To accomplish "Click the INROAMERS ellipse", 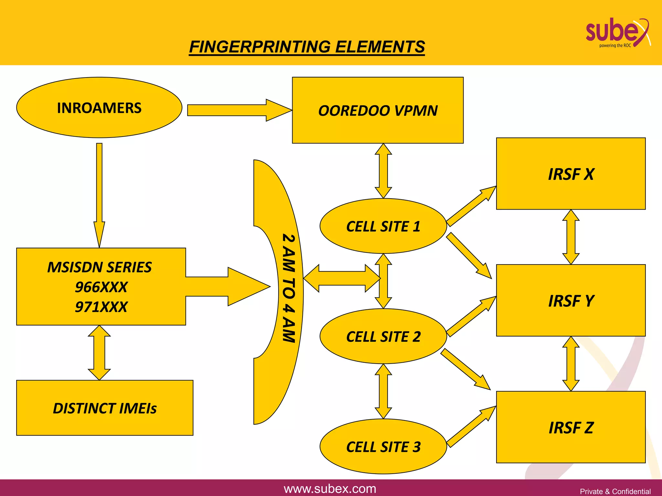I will pos(99,108).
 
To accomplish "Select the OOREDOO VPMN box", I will pos(378,110).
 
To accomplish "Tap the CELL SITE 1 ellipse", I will pos(383,226).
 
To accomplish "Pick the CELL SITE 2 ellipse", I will pos(383,336).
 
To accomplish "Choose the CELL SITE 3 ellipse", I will pos(383,447).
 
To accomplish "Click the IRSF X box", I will pos(571,174).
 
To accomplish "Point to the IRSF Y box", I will pos(571,301).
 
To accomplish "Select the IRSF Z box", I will pos(571,427).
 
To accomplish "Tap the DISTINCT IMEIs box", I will pos(105,408).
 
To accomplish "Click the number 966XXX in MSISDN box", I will pos(101,287).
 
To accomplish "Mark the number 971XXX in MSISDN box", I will pos(101,307).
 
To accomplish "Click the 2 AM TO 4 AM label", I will pos(289,288).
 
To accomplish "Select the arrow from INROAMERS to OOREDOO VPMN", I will pos(239,110).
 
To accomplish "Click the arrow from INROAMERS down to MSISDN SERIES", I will pos(99,194).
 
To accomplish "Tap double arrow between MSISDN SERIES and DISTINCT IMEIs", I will pos(99,353).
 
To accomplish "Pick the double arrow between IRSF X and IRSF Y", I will pos(571,237).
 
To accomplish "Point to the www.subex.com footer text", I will pos(330,489).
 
